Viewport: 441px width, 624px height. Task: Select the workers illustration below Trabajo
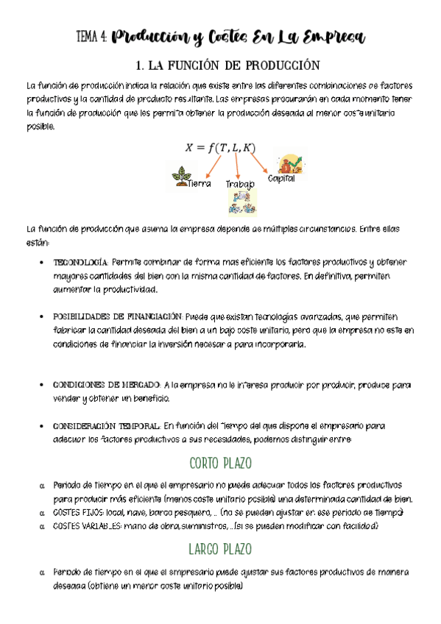[x=241, y=202]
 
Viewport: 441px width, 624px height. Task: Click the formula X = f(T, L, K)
[x=220, y=148]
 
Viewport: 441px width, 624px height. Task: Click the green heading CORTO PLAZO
[x=220, y=464]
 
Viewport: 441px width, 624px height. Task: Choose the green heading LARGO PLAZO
[x=220, y=550]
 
